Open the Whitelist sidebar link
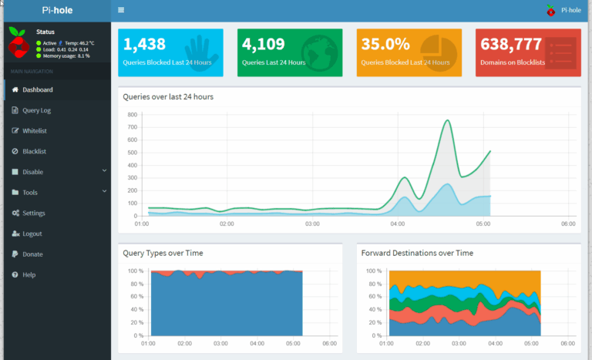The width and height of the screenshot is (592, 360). pyautogui.click(x=34, y=131)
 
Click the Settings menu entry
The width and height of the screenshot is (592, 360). pyautogui.click(x=33, y=213)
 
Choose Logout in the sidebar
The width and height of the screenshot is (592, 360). pyautogui.click(x=32, y=234)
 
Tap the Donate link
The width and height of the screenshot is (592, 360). pyautogui.click(x=32, y=254)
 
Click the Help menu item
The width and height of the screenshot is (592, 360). pyautogui.click(x=29, y=274)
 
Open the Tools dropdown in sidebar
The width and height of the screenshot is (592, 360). pyautogui.click(x=29, y=193)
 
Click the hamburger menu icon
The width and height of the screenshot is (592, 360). pyautogui.click(x=121, y=10)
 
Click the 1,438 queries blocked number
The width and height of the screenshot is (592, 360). pyautogui.click(x=145, y=45)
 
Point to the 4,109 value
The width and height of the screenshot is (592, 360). pyautogui.click(x=264, y=45)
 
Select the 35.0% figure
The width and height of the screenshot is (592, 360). pyautogui.click(x=385, y=45)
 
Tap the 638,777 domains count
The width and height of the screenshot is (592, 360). pyautogui.click(x=510, y=45)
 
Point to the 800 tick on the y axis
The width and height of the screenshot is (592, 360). pyautogui.click(x=132, y=115)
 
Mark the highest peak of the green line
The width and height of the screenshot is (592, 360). pyautogui.click(x=447, y=120)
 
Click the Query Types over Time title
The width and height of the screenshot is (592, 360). pyautogui.click(x=163, y=253)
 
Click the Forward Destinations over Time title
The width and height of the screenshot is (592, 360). pyautogui.click(x=417, y=253)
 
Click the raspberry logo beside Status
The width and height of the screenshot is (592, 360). pyautogui.click(x=18, y=42)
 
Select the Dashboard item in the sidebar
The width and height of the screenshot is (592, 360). pyautogui.click(x=37, y=90)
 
